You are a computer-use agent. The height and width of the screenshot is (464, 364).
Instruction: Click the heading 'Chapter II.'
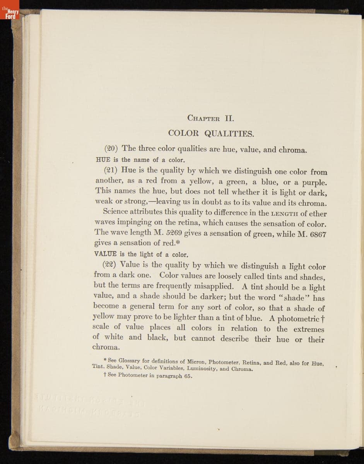pyautogui.click(x=210, y=118)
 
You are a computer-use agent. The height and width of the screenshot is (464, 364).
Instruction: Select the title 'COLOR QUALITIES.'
pyautogui.click(x=211, y=134)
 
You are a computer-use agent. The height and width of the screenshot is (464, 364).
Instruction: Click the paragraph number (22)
pyautogui.click(x=110, y=265)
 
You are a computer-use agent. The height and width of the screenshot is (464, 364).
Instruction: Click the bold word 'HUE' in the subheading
pyautogui.click(x=103, y=159)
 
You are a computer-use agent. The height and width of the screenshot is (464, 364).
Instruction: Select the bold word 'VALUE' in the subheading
pyautogui.click(x=106, y=254)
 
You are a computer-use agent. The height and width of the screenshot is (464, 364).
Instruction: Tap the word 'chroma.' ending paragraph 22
pyautogui.click(x=106, y=347)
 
